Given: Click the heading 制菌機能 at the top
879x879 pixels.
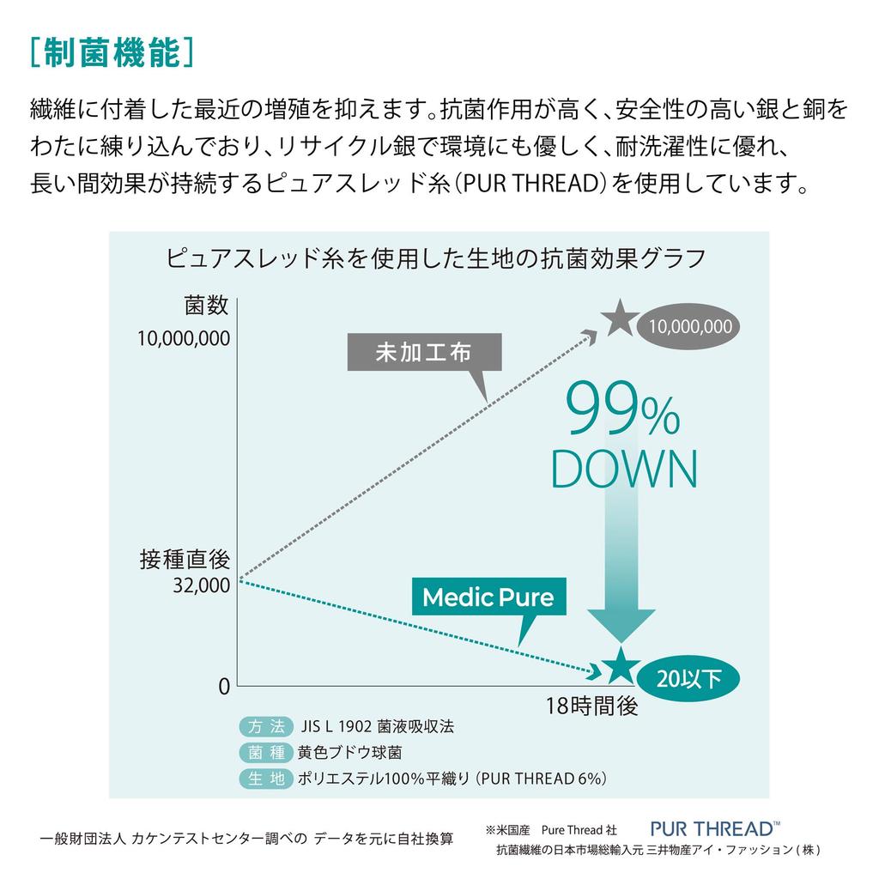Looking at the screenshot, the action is (x=112, y=53).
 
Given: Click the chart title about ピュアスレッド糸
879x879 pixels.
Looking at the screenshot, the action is (x=435, y=258).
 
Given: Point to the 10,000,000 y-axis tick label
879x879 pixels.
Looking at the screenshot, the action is (x=184, y=338).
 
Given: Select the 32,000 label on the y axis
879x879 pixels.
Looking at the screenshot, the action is (x=201, y=585).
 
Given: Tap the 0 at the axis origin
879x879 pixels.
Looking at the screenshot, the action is (x=224, y=686).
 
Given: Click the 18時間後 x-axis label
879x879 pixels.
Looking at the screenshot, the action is (x=592, y=706).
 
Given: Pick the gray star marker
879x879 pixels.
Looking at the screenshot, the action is (x=620, y=318).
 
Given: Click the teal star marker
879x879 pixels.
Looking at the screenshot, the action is (x=621, y=666).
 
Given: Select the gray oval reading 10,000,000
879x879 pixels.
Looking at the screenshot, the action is (x=688, y=326).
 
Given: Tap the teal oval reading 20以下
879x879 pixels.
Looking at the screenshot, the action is (x=688, y=679).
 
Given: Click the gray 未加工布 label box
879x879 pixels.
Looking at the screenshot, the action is (x=424, y=352).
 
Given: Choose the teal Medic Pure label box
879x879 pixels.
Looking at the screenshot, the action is (x=488, y=597).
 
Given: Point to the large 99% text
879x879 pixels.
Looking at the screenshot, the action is (x=623, y=408).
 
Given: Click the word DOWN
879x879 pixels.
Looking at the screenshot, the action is (x=625, y=469).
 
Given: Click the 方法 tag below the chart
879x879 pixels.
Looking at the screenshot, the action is (x=266, y=726).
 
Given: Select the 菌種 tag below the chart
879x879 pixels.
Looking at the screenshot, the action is (x=266, y=752).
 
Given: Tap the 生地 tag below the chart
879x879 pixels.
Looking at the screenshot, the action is (x=266, y=779).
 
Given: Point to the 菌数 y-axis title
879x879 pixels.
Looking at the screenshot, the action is (x=206, y=306).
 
